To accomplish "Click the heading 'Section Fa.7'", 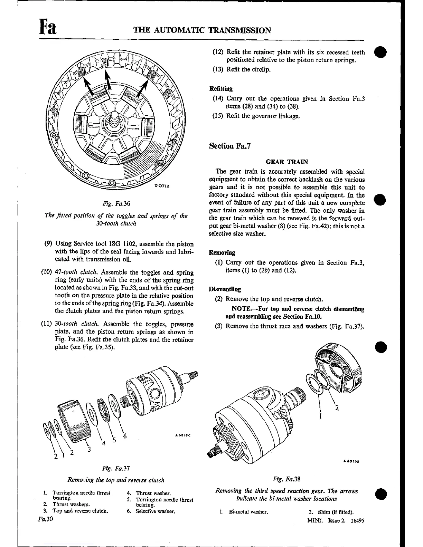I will coord(230,146).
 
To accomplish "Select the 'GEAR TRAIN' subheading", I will coord(287,161).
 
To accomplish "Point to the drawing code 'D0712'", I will coord(162,186).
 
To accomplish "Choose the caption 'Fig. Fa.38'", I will coord(286,479).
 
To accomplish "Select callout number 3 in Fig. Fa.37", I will coord(89,449).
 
